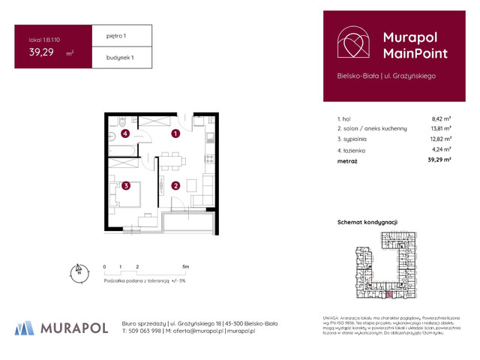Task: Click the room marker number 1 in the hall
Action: [175, 134]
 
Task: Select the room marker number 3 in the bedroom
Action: [127, 185]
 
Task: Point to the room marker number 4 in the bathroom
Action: [125, 134]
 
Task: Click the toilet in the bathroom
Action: [121, 122]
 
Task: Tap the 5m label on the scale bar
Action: [185, 266]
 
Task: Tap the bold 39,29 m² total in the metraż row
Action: [439, 160]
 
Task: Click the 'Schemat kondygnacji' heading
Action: [367, 222]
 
